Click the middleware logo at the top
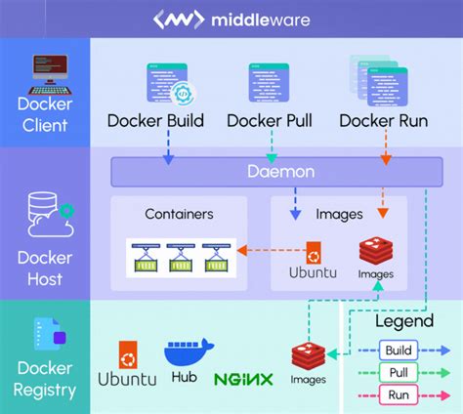click(x=231, y=19)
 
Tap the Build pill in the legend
click(x=397, y=350)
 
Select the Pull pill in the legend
click(x=397, y=372)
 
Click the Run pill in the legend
click(x=397, y=394)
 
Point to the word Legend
click(x=403, y=321)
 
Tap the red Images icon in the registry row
click(x=307, y=357)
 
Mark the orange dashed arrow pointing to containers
click(x=271, y=251)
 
